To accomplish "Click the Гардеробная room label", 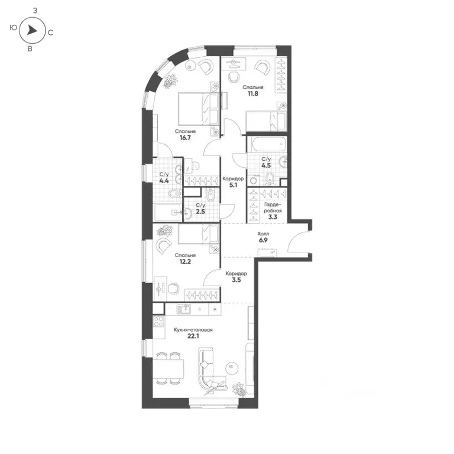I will pyautogui.click(x=273, y=210).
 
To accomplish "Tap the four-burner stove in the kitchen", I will pyautogui.click(x=159, y=322).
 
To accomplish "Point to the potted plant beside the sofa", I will pyautogui.click(x=239, y=389).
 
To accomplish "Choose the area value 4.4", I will pyautogui.click(x=164, y=181).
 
